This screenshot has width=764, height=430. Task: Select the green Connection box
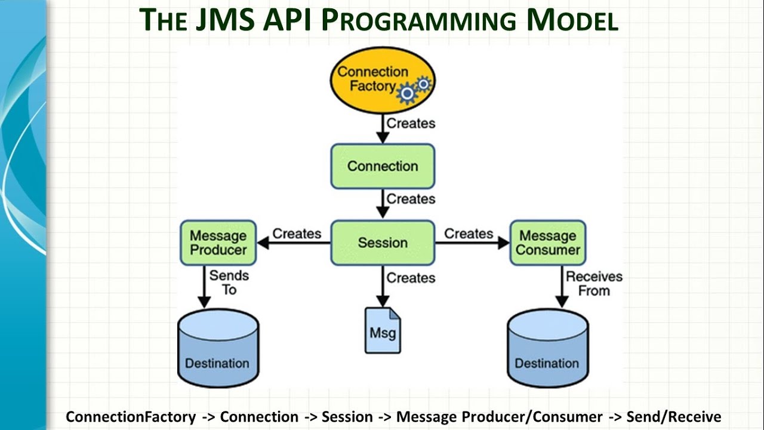383,166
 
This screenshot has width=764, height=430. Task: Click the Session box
383,242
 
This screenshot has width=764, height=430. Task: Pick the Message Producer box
218,242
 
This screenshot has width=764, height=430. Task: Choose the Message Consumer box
547,242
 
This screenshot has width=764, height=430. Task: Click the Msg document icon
383,330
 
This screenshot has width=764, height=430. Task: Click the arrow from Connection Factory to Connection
383,128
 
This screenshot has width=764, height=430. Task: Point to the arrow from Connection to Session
383,204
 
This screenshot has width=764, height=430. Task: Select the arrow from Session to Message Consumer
472,242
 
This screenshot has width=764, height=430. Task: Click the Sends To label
229,282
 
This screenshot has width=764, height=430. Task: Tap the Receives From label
593,284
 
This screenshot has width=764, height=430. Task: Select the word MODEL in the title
572,20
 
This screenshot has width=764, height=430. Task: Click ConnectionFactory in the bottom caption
131,417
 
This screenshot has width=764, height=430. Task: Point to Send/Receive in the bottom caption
673,417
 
